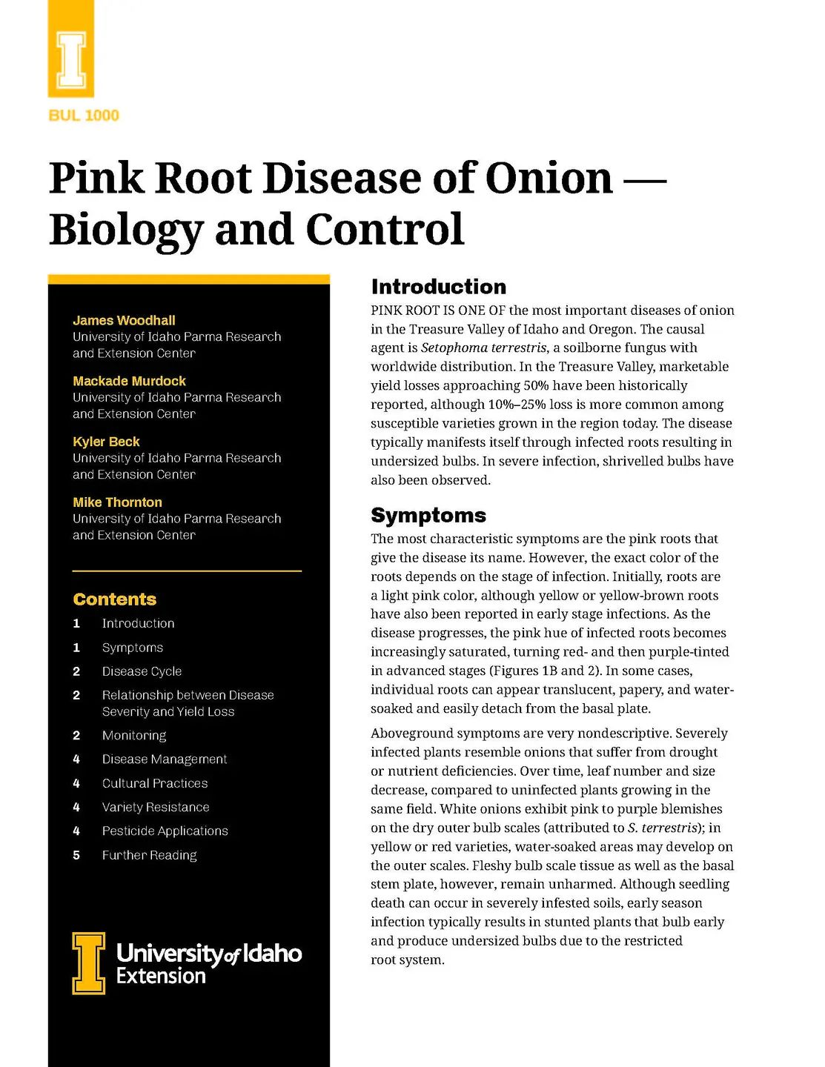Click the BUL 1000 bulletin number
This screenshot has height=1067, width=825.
84,115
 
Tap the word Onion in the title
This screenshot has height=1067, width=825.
549,179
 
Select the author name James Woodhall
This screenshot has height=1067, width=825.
124,320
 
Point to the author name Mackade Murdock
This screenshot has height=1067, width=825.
129,381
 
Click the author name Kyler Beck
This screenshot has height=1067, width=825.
106,442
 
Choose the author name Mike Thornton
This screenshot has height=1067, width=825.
117,502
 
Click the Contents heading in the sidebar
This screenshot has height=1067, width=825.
115,599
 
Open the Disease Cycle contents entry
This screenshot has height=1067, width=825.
142,671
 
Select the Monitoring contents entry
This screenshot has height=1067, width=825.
134,735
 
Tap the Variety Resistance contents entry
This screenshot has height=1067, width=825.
156,807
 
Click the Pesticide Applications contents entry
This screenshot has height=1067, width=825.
165,831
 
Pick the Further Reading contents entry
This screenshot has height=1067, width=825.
149,855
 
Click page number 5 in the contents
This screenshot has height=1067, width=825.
76,855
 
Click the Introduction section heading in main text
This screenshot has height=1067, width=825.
439,287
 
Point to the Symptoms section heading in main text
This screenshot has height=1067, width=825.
428,515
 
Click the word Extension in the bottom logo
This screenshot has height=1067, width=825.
161,976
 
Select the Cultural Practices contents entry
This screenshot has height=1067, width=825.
154,783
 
